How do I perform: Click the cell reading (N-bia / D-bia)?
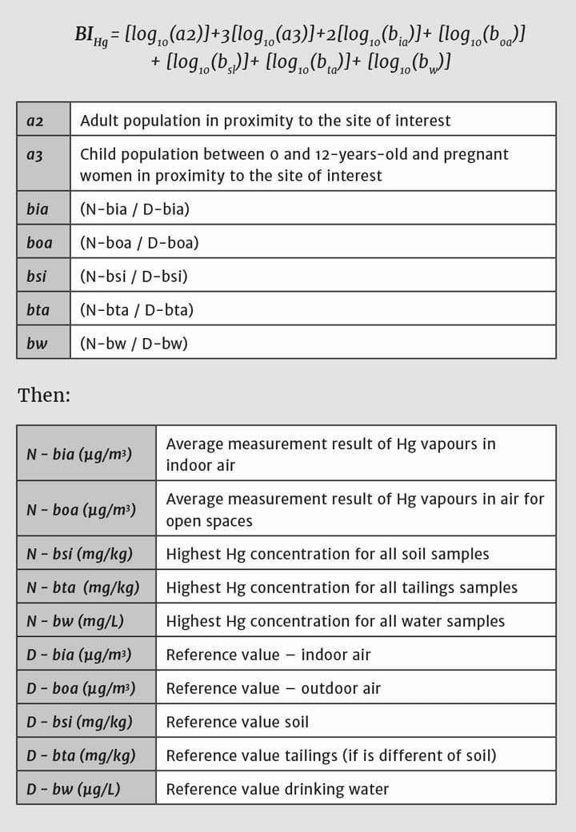[134, 209]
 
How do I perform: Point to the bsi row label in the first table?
[36, 277]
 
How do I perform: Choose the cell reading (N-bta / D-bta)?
[137, 310]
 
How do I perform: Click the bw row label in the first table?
[36, 344]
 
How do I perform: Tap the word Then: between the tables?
[44, 394]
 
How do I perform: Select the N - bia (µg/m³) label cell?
[79, 454]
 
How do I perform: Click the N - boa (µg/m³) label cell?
[81, 510]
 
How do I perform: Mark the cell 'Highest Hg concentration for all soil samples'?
[327, 554]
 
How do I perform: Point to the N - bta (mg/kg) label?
[82, 587]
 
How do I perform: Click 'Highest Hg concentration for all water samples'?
[335, 621]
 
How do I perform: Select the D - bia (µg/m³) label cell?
[79, 655]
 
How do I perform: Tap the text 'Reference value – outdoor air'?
[274, 688]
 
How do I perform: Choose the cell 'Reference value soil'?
[237, 722]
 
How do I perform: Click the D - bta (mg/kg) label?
[81, 755]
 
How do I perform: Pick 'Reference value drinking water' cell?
[277, 789]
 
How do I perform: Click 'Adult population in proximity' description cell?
[265, 121]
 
